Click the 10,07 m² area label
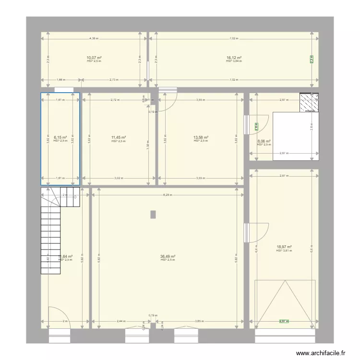tap(94, 58)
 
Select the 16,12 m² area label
tap(234, 58)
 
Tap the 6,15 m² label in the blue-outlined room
tap(60, 137)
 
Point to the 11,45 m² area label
tap(118, 138)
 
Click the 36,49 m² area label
tap(168, 256)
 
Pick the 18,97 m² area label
tap(284, 247)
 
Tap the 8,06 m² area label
tap(264, 141)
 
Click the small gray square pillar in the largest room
tap(153, 215)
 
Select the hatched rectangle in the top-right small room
tap(309, 102)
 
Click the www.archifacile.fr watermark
tap(321, 353)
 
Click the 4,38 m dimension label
tap(94, 38)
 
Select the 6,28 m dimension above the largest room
tap(168, 195)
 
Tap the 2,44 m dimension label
tap(121, 321)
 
